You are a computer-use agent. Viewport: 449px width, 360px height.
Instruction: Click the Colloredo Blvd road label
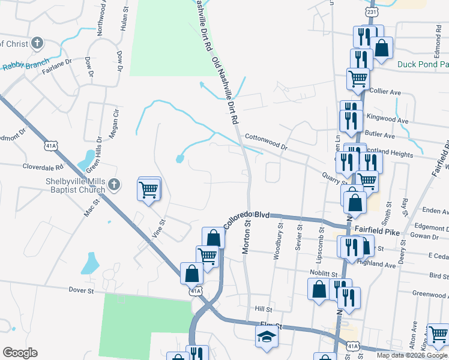[x=247, y=218]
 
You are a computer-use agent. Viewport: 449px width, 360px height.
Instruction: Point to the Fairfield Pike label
[x=376, y=229]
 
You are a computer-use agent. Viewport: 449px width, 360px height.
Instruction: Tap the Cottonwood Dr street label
[x=266, y=142]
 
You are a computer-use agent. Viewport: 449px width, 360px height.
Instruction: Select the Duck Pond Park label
[x=423, y=64]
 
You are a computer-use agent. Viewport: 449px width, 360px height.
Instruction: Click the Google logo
[x=19, y=352]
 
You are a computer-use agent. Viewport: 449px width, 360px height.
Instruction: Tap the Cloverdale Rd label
[x=43, y=167]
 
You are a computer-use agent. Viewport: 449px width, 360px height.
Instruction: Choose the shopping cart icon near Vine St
[x=149, y=190]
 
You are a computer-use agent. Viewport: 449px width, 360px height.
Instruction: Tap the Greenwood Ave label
[x=430, y=295]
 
